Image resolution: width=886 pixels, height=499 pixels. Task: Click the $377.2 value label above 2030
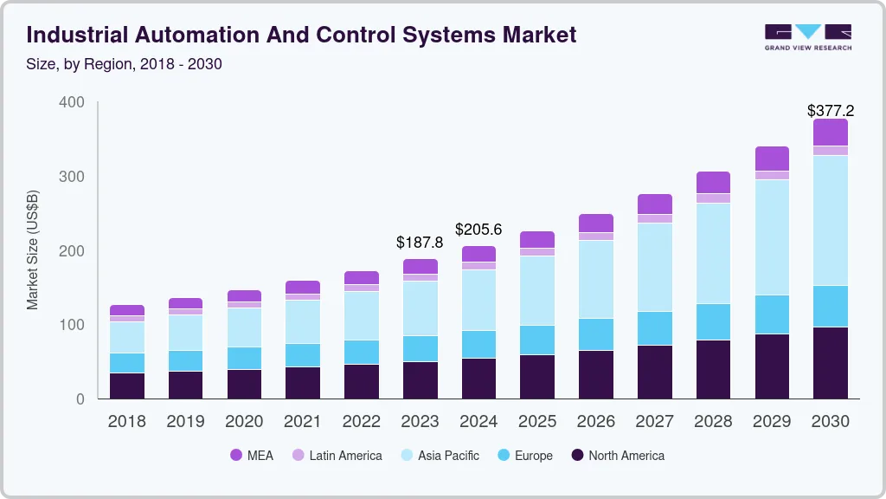pyautogui.click(x=831, y=111)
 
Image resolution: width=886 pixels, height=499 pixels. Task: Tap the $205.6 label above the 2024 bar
pyautogui.click(x=478, y=230)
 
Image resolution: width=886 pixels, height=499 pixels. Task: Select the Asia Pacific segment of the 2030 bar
pyautogui.click(x=831, y=220)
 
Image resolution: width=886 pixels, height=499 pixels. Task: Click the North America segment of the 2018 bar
pyautogui.click(x=127, y=386)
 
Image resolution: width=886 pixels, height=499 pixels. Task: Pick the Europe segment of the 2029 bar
pyautogui.click(x=772, y=314)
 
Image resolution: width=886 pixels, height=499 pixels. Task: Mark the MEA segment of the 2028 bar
pyautogui.click(x=713, y=182)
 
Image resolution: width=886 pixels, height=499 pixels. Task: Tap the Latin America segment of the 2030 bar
pyautogui.click(x=831, y=151)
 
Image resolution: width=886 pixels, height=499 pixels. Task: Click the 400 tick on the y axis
pyautogui.click(x=73, y=103)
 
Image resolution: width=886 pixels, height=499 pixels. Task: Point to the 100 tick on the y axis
pyautogui.click(x=73, y=325)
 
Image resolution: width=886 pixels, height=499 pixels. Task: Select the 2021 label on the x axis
pyautogui.click(x=303, y=422)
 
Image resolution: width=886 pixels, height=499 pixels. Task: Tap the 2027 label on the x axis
pyautogui.click(x=654, y=422)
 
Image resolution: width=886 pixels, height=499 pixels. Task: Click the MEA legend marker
pyautogui.click(x=235, y=456)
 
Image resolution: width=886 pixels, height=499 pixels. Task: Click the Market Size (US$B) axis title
pyautogui.click(x=33, y=250)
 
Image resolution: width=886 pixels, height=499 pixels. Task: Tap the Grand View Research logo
pyautogui.click(x=807, y=37)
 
